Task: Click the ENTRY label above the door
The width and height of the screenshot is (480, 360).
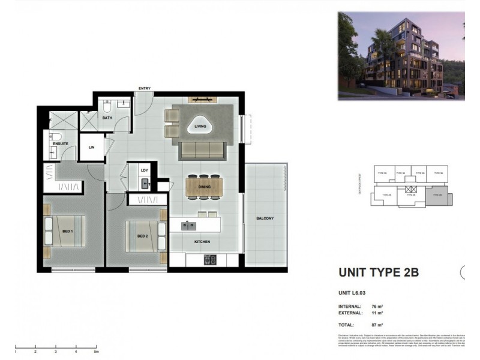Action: [x=144, y=88]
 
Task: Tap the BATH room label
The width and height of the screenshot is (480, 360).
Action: [x=107, y=118]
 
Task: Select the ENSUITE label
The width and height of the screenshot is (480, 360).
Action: [x=61, y=143]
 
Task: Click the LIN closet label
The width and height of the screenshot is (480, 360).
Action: [x=91, y=147]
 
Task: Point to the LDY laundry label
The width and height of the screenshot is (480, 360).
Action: [x=144, y=170]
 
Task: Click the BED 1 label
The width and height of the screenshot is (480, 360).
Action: [x=67, y=232]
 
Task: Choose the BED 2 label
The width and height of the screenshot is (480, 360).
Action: [x=142, y=236]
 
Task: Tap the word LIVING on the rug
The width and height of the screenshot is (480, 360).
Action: [x=200, y=127]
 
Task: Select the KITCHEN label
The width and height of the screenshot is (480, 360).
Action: [x=202, y=242]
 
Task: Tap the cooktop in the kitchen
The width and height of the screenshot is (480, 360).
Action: [x=210, y=260]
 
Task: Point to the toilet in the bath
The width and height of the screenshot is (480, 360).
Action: [x=107, y=107]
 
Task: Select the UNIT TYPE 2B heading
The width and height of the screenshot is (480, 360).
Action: [x=379, y=272]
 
